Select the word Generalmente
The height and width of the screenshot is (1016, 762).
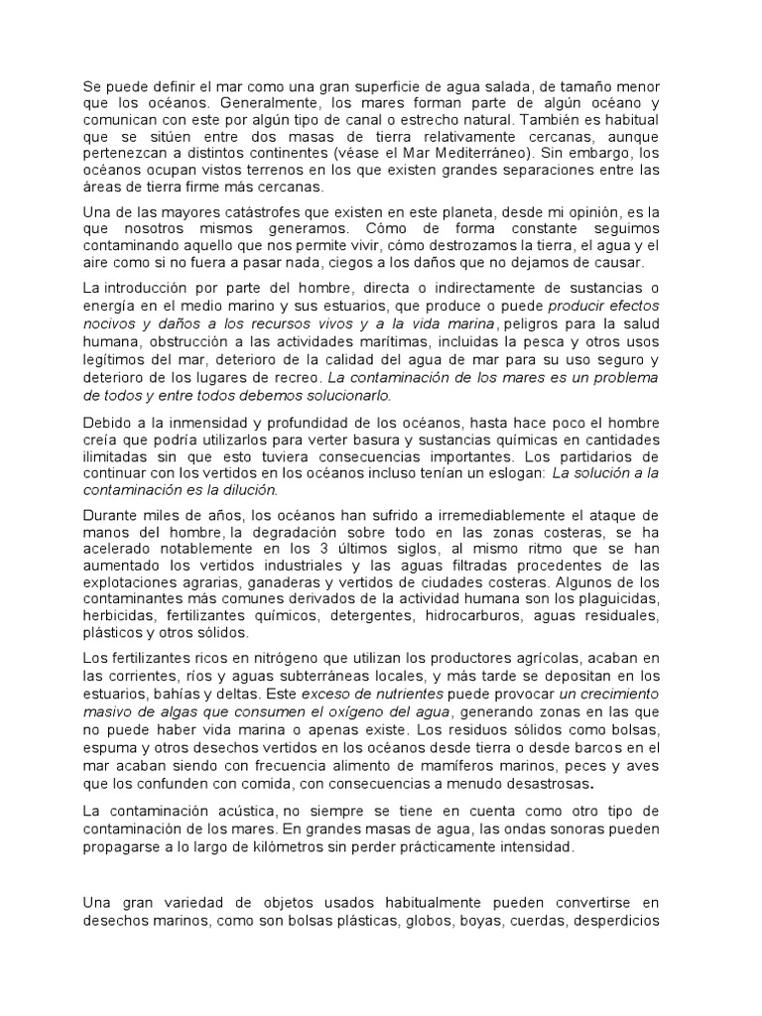[195, 103]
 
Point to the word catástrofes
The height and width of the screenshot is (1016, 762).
[269, 212]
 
